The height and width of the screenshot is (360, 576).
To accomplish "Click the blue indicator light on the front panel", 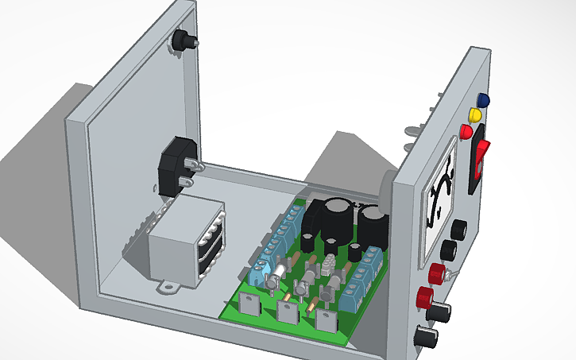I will click(482, 101).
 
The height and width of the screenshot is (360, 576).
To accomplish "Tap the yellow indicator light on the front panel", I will click(477, 116).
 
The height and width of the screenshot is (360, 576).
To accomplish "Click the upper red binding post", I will click(436, 274).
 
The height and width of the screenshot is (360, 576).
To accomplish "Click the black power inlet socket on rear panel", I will click(175, 166).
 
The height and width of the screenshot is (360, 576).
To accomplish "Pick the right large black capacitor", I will click(371, 226).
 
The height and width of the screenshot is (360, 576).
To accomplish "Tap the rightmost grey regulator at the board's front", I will click(325, 320).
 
